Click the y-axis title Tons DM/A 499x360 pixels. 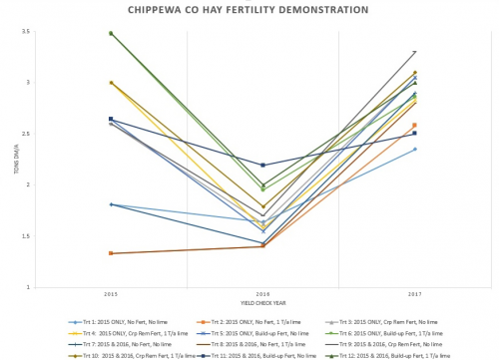tap(15, 160)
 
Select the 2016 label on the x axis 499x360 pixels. tap(262, 294)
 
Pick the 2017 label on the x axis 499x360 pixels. tap(414, 294)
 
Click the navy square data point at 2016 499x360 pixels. tap(262, 165)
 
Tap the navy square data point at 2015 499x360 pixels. tap(111, 119)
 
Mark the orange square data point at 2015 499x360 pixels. tap(111, 253)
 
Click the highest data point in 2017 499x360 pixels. tap(414, 52)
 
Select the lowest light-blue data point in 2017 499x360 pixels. tap(414, 150)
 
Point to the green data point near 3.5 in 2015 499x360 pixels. tap(111, 33)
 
